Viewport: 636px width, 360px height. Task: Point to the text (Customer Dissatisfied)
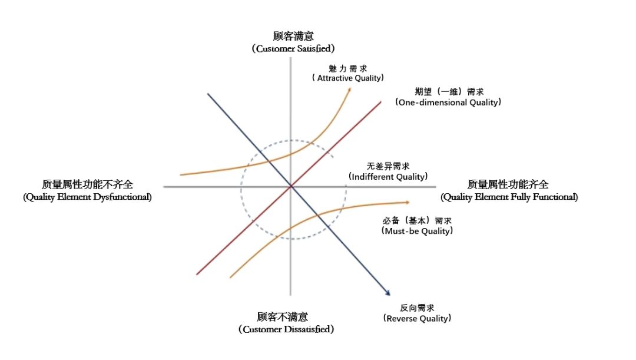[x=286, y=329]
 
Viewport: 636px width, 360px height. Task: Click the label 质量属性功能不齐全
[x=88, y=184]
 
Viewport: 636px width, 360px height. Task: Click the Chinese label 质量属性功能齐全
[x=508, y=184]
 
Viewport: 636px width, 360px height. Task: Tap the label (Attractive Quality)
[x=348, y=78]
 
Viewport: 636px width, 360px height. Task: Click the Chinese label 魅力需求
[x=349, y=67]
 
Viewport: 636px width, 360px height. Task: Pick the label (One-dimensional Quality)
[x=449, y=102]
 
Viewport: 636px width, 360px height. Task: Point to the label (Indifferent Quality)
[x=387, y=176]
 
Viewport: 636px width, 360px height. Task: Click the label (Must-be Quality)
[x=417, y=231]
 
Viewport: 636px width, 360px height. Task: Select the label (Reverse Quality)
[x=417, y=318]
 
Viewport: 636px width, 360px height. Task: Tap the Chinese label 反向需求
[x=417, y=308]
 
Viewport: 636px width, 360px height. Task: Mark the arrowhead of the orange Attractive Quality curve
[x=350, y=88]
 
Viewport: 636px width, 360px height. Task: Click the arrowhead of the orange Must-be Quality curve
[x=408, y=202]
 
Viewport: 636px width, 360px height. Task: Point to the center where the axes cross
[x=290, y=186]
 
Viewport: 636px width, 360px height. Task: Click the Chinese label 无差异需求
[x=387, y=166]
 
